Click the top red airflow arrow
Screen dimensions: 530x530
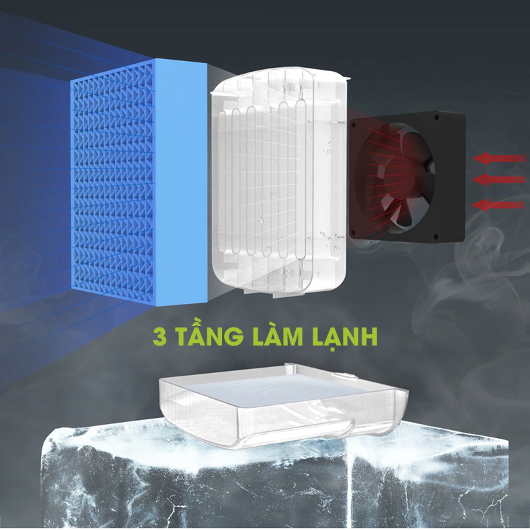pos(499,158)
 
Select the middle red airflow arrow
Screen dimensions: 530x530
pos(499,179)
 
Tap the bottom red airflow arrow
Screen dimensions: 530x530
pos(498,205)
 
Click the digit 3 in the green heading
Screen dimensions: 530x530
pos(160,336)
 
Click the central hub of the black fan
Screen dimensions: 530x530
pos(403,176)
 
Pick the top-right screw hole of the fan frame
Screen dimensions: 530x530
pos(437,118)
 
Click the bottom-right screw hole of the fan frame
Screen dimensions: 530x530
pos(435,236)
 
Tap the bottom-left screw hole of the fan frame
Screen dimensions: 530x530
pos(354,232)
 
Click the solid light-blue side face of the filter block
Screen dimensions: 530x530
pos(182,181)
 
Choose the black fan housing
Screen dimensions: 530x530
pos(407,176)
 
